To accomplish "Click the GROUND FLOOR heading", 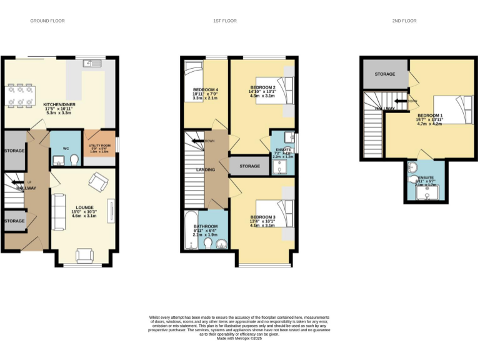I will coord(47,21).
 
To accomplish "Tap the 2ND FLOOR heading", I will coord(404,21).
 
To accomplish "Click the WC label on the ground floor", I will coord(66,149).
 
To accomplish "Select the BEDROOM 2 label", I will coord(262,87).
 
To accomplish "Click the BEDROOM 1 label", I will coord(429,116).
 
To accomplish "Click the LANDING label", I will coord(206,169).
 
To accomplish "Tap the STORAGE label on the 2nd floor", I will coord(385,74).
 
